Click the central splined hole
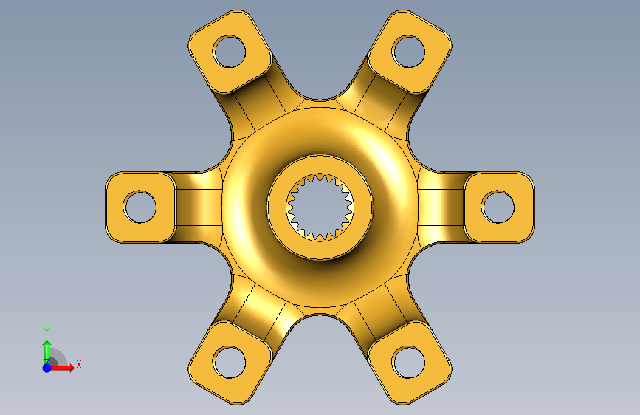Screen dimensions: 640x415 point(320,207)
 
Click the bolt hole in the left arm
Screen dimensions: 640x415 point(140,207)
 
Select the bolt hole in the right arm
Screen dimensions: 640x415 point(498,207)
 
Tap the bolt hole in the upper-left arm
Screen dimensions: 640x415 point(229,52)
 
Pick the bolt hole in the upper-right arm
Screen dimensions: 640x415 point(408,52)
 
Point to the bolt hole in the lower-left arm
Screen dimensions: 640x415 point(229,362)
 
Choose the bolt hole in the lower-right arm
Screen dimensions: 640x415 point(408,362)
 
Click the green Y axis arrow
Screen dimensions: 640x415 point(47,352)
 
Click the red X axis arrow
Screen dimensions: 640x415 point(61,368)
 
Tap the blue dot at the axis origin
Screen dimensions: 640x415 point(47,368)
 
